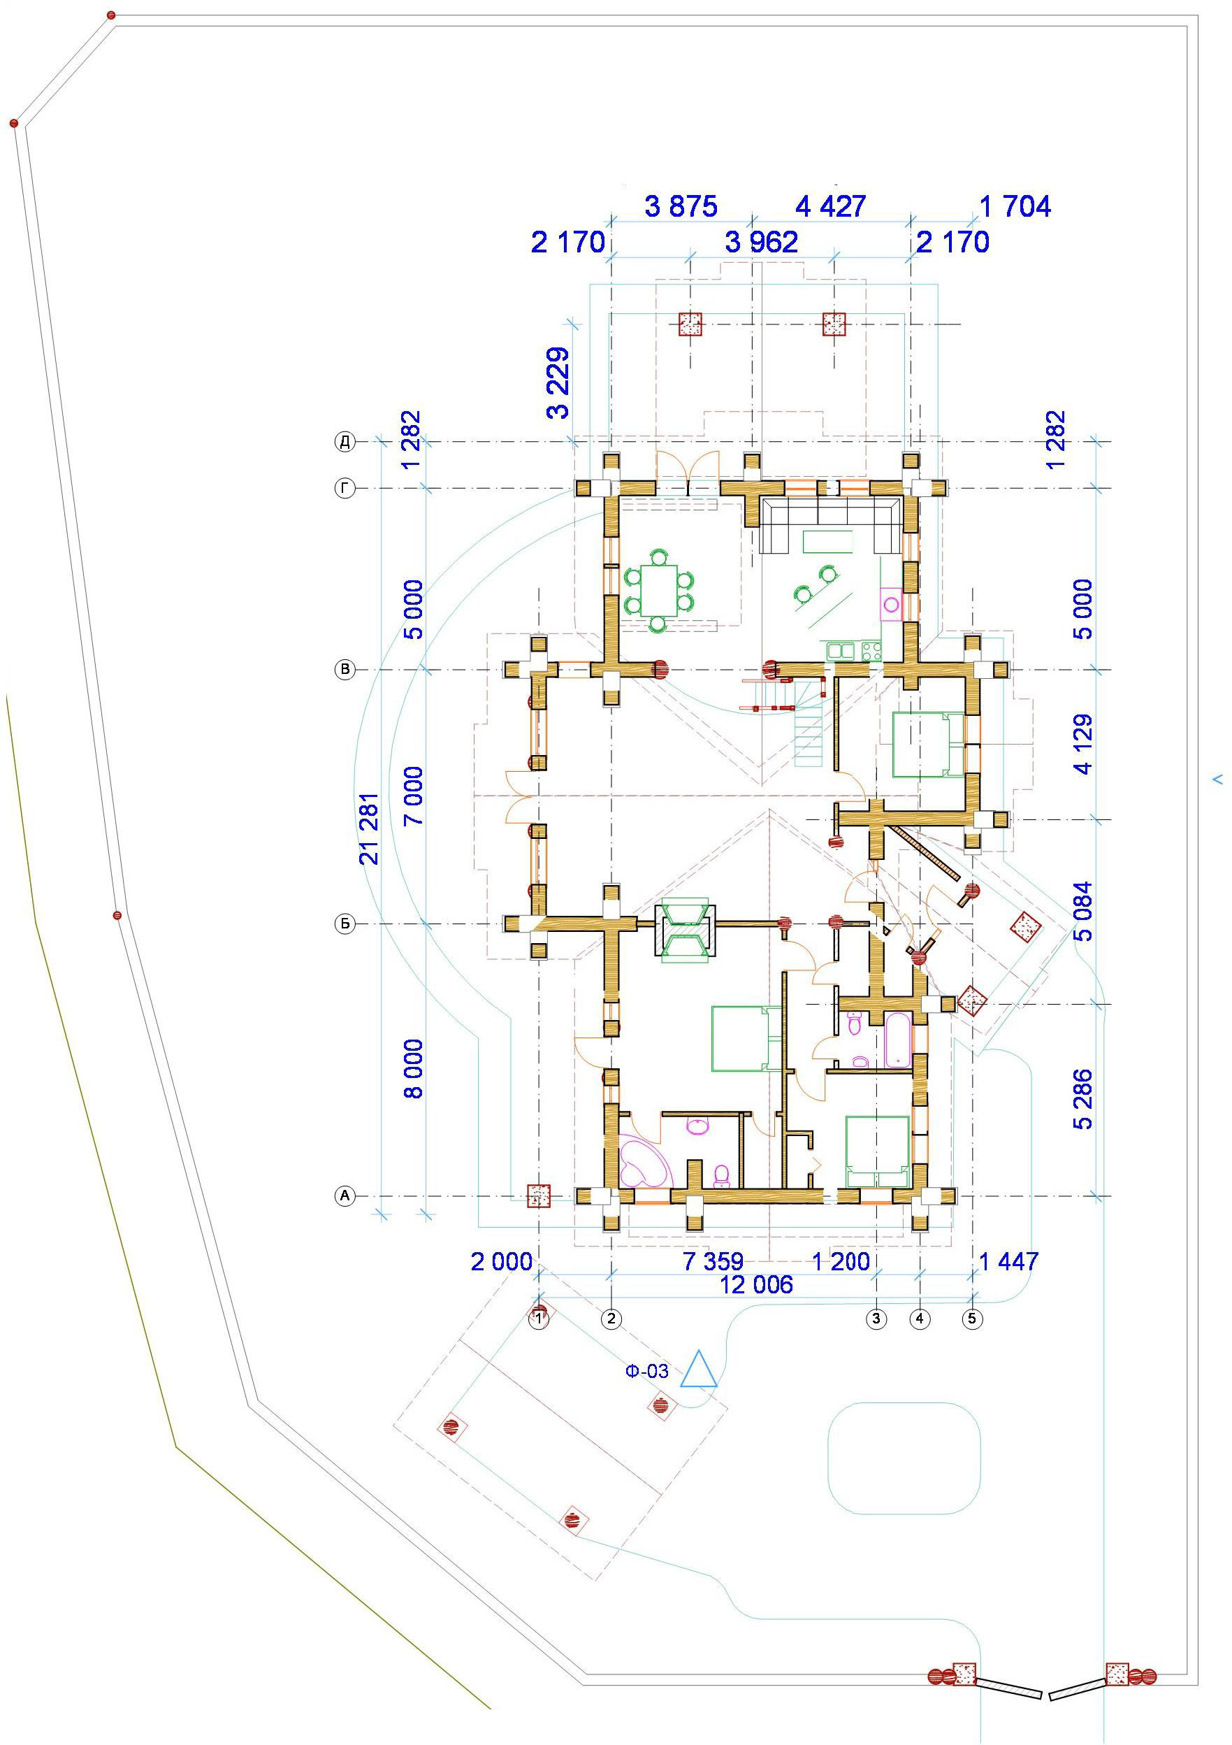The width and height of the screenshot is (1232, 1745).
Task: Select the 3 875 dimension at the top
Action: point(681,207)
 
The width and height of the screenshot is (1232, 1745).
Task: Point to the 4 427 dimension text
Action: point(830,207)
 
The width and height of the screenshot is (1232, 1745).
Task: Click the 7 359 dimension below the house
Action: point(713,1263)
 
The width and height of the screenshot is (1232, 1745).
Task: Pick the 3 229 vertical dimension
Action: point(558,384)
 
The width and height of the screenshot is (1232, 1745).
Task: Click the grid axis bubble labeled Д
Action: point(345,442)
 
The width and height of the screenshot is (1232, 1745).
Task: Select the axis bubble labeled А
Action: point(345,1196)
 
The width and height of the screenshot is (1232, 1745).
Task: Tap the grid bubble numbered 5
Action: point(972,1319)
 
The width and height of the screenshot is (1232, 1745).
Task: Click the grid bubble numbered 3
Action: point(876,1319)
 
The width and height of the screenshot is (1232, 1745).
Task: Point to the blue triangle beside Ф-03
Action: point(699,1370)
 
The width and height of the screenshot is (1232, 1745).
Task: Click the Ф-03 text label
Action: point(646,1371)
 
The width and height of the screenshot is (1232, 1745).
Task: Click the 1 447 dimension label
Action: point(1008,1263)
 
